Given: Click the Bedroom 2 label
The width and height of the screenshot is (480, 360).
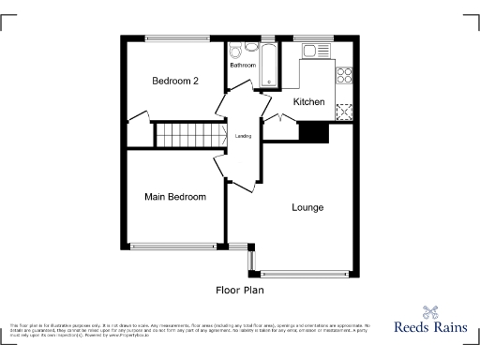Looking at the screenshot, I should click(x=175, y=82).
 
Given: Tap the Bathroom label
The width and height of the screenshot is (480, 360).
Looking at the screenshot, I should click(x=244, y=66).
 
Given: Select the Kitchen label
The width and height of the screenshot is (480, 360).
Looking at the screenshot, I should click(x=308, y=101).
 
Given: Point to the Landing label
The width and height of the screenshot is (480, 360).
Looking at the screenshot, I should click(x=242, y=136).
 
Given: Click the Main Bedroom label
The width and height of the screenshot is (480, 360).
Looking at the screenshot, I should click(x=175, y=197).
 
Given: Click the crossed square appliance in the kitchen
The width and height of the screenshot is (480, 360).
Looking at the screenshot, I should click(x=343, y=112).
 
